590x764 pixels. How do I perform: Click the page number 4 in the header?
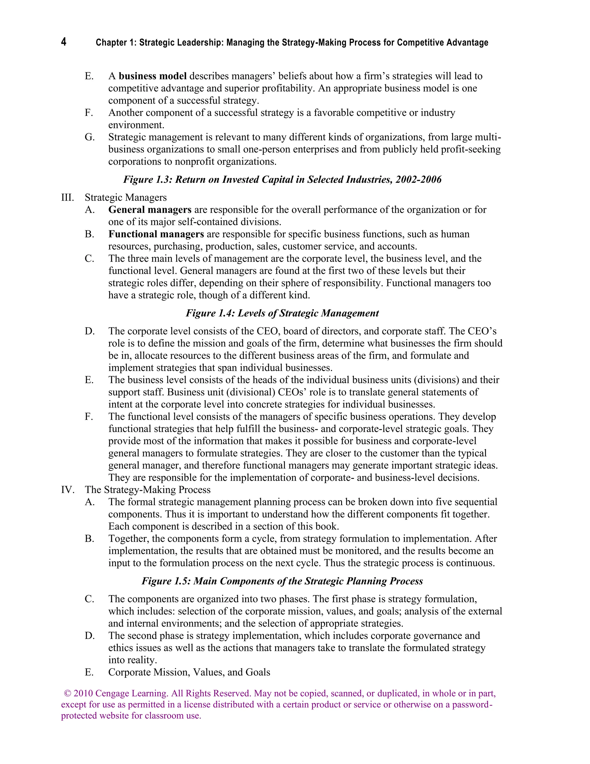click(x=64, y=42)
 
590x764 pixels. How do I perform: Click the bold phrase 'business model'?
click(x=152, y=76)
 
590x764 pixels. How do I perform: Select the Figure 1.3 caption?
click(x=282, y=179)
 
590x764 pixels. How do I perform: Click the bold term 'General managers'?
click(x=150, y=210)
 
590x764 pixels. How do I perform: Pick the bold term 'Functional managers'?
click(x=156, y=234)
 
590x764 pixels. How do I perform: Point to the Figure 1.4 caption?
click(x=282, y=313)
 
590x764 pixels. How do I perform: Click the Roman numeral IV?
click(x=68, y=490)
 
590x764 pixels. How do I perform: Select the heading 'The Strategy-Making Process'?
click(x=147, y=490)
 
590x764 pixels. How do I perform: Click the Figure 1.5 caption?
click(x=282, y=581)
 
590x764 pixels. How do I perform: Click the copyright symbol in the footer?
click(x=67, y=693)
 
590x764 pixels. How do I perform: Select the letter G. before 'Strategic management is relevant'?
click(x=90, y=137)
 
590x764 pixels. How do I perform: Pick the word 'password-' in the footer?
click(x=472, y=705)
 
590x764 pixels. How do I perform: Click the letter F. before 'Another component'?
click(x=89, y=113)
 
